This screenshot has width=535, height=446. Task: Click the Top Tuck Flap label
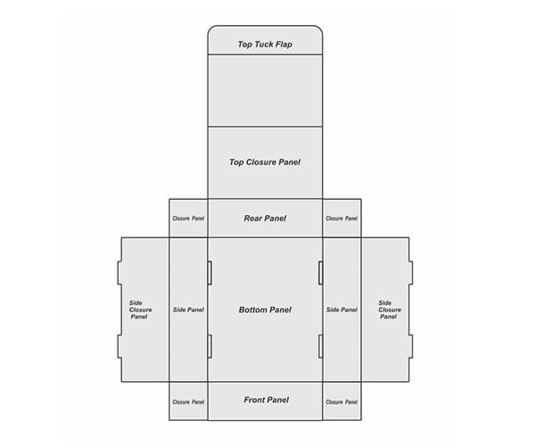(265, 45)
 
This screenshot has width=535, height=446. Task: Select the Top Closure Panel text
(265, 162)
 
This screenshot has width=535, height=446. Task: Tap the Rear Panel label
(265, 219)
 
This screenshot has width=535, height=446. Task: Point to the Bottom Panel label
(265, 310)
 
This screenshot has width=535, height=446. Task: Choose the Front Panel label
(266, 400)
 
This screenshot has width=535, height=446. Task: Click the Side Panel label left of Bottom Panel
(188, 310)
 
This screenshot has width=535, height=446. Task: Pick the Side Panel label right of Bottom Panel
(342, 310)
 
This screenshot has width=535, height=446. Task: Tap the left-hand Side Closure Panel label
(140, 310)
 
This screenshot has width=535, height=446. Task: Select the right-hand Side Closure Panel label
(390, 310)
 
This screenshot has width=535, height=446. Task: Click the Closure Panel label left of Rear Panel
(188, 219)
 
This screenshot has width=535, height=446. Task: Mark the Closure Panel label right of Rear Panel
(342, 219)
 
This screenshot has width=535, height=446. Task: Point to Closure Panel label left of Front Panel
(188, 402)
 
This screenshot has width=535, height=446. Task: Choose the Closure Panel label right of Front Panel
(342, 402)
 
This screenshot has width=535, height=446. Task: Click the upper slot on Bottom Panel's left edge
(210, 273)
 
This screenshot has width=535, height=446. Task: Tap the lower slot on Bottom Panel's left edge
(210, 346)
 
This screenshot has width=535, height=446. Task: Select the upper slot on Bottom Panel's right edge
(320, 273)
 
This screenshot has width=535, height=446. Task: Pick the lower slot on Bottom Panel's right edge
(320, 346)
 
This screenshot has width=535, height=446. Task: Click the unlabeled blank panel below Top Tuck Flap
(265, 90)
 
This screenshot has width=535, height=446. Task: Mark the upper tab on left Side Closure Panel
(119, 273)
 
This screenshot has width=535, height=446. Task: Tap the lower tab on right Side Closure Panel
(411, 346)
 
